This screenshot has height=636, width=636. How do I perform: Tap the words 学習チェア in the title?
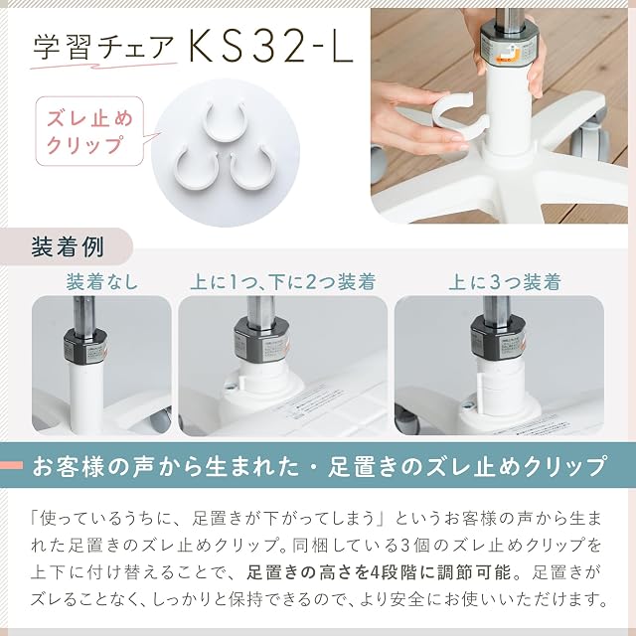[103, 47]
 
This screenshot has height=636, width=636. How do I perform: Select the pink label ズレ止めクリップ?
[90, 131]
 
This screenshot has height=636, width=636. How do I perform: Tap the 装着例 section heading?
[68, 247]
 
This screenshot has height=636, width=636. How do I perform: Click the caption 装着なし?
[102, 282]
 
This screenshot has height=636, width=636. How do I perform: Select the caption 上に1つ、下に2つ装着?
[283, 282]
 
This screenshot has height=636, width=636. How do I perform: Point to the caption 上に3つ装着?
[505, 282]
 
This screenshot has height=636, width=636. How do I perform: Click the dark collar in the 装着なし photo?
[84, 345]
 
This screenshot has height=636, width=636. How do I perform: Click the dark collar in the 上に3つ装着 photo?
[498, 338]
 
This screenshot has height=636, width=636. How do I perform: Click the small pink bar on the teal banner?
[11, 465]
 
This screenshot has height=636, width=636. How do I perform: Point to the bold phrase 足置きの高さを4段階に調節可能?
[378, 572]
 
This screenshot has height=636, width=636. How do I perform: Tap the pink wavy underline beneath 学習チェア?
[103, 66]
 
